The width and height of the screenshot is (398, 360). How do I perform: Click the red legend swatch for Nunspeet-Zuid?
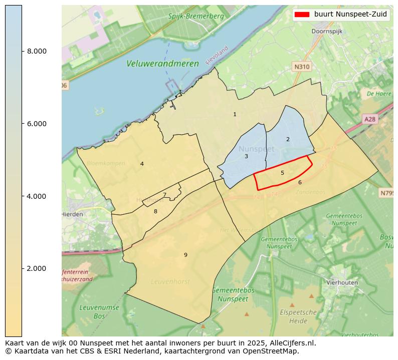click(x=302, y=15)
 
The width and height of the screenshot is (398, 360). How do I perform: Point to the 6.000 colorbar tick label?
click(x=37, y=124)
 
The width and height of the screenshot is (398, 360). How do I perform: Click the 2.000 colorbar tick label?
click(x=37, y=269)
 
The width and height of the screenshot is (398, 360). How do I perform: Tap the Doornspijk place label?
click(x=327, y=31)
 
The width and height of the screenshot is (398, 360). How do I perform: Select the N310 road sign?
click(x=302, y=66)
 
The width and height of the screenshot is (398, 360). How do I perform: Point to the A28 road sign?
click(x=369, y=119)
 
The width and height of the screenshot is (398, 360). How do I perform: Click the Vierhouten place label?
click(x=342, y=282)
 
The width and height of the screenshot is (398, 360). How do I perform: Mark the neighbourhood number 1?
click(x=235, y=115)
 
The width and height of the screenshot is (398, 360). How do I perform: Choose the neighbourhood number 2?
click(x=288, y=139)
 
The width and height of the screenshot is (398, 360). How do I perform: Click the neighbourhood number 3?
click(x=246, y=157)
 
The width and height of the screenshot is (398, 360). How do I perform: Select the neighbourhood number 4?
click(x=142, y=164)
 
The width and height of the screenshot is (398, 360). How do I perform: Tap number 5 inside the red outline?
click(x=282, y=173)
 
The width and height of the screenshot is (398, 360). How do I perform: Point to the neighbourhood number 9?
click(x=185, y=255)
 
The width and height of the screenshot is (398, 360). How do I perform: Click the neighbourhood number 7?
click(x=164, y=195)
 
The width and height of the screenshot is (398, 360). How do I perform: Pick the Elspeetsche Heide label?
click(x=298, y=316)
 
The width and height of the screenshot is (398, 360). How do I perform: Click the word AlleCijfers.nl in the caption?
click(x=292, y=343)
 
